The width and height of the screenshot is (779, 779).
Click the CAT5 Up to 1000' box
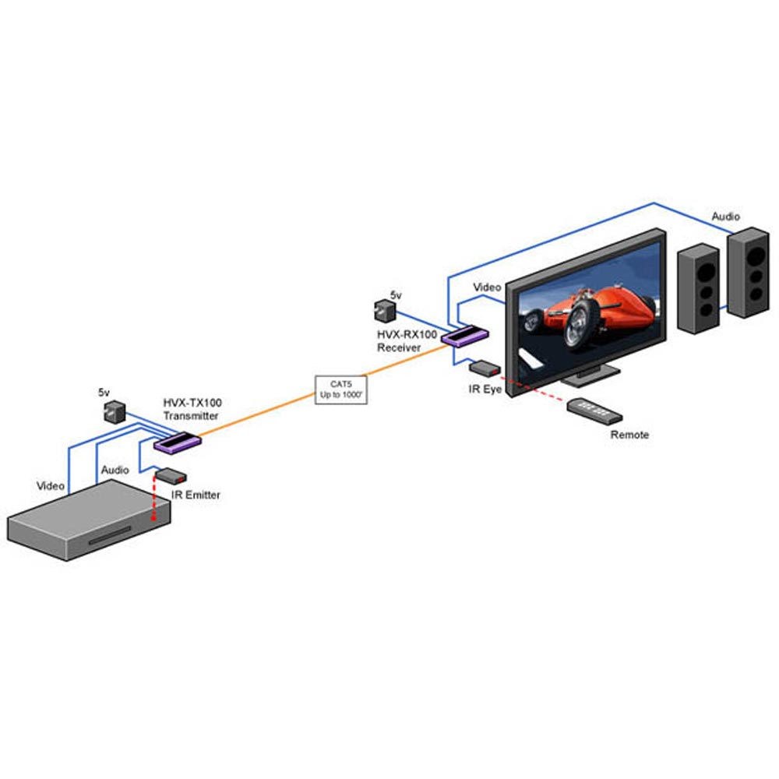pos(341,390)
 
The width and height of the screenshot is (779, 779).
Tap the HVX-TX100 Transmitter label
pos(192,409)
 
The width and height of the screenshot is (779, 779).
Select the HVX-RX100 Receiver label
pos(407,341)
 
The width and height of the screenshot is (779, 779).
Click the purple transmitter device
pos(178,442)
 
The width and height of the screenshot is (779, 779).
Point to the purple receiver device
pos(465,335)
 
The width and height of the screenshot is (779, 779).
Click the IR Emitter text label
pos(196,495)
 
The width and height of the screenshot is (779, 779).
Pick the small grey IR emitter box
pos(171,475)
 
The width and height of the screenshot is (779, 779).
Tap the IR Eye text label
pos(485,389)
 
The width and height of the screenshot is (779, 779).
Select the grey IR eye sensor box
pos(485,368)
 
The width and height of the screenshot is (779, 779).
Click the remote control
pos(594,411)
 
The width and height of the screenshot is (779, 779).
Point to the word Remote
pos(629,435)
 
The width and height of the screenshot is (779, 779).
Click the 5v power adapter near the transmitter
pos(115,412)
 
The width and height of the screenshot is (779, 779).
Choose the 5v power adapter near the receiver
pos(385,311)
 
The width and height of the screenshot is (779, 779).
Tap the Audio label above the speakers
pos(726,217)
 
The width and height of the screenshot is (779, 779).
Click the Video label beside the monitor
pos(487,287)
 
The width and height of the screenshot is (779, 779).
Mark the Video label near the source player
pos(51,486)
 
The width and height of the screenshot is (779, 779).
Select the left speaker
pos(699,288)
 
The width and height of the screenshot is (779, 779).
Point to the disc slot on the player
pos(110,536)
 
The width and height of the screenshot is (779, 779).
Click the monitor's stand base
pos(592,376)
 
